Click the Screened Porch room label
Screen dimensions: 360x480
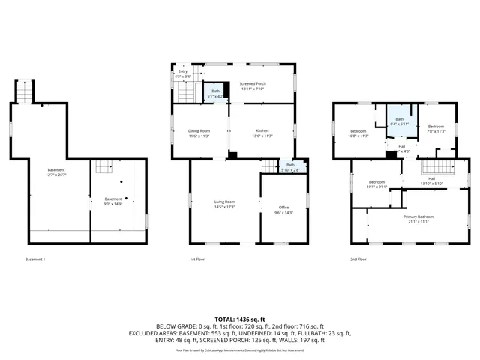(x=253, y=85)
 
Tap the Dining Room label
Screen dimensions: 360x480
(x=199, y=133)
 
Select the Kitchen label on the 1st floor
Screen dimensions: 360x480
(x=262, y=133)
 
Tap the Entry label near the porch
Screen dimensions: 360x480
(x=183, y=73)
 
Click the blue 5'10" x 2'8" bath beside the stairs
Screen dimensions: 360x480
(x=290, y=167)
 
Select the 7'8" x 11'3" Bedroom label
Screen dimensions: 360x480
(x=436, y=129)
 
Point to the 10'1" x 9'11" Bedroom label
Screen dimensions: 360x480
(x=377, y=184)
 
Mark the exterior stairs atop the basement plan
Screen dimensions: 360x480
(x=25, y=91)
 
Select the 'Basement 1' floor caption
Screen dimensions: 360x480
(x=35, y=259)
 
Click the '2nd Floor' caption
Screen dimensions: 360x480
(x=358, y=259)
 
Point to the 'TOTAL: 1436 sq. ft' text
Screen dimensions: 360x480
(x=239, y=319)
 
